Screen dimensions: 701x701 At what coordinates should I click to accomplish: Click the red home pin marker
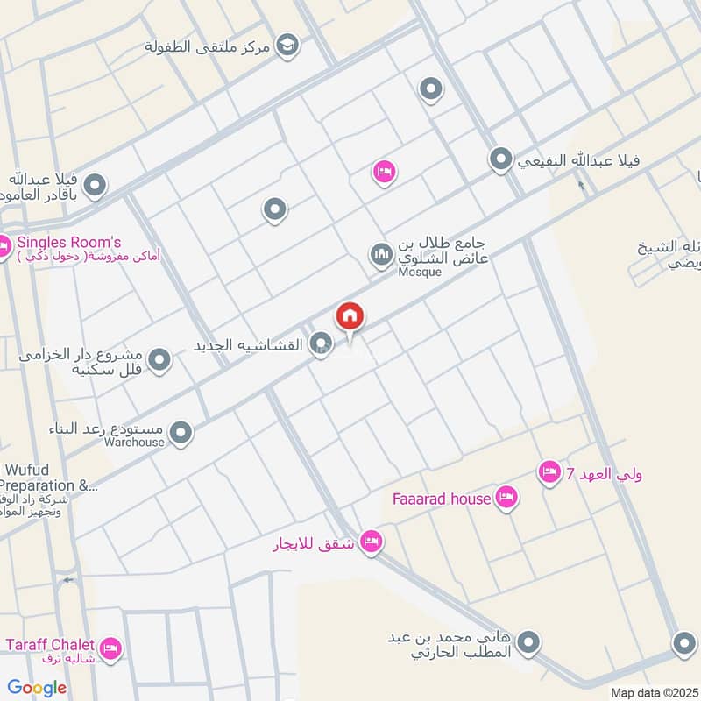[350, 316]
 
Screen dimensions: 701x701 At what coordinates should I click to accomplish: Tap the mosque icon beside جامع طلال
[380, 255]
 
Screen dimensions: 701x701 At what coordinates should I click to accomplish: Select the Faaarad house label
[436, 499]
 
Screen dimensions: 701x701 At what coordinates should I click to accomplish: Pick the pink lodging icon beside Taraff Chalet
[110, 649]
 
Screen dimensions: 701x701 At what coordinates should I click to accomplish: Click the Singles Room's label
[69, 243]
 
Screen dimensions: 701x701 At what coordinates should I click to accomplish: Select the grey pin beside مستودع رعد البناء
[181, 432]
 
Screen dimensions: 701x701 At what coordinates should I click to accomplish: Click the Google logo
[37, 688]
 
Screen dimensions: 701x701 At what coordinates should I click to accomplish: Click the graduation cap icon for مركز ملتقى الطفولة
[287, 43]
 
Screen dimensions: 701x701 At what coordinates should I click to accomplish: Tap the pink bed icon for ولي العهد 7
[549, 473]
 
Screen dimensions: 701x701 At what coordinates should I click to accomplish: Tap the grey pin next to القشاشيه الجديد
[322, 344]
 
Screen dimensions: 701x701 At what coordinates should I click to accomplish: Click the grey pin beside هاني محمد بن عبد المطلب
[528, 644]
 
